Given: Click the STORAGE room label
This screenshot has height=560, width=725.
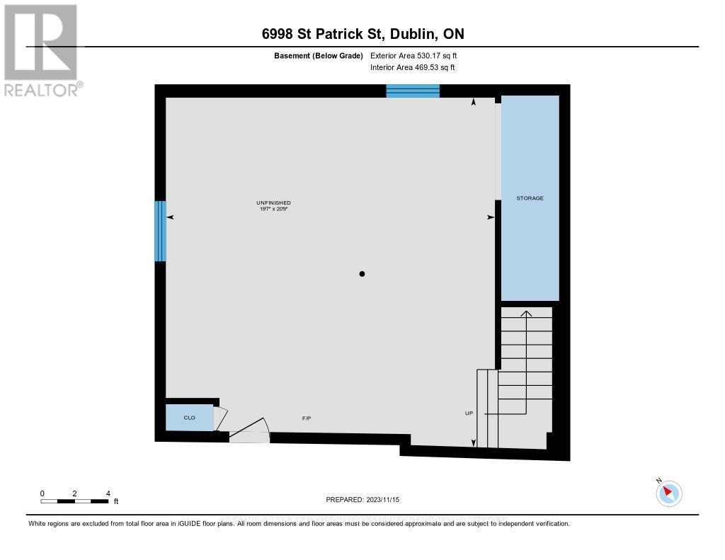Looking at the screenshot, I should tap(530, 198).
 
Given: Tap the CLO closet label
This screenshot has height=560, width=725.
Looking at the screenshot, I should tap(189, 418).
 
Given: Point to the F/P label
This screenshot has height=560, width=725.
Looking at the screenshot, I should tap(307, 418).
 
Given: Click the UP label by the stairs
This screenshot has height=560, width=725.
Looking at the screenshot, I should tap(469, 413).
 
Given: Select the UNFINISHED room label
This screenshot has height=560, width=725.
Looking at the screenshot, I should tap(273, 203).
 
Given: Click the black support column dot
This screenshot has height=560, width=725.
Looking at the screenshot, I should tap(362, 274).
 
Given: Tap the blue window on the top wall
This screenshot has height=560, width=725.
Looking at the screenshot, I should tap(413, 91).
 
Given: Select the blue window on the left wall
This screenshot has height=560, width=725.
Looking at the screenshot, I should tap(161, 231).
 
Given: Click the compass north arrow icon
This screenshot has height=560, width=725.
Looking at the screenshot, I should tap(668, 493).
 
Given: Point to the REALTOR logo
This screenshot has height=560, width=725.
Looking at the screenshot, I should tap(42, 50).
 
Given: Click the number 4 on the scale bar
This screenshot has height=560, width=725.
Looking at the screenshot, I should tap(108, 493).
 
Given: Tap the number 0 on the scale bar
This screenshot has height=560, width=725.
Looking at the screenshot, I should tap(42, 493).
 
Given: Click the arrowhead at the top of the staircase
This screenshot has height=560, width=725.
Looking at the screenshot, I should tap(526, 312).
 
